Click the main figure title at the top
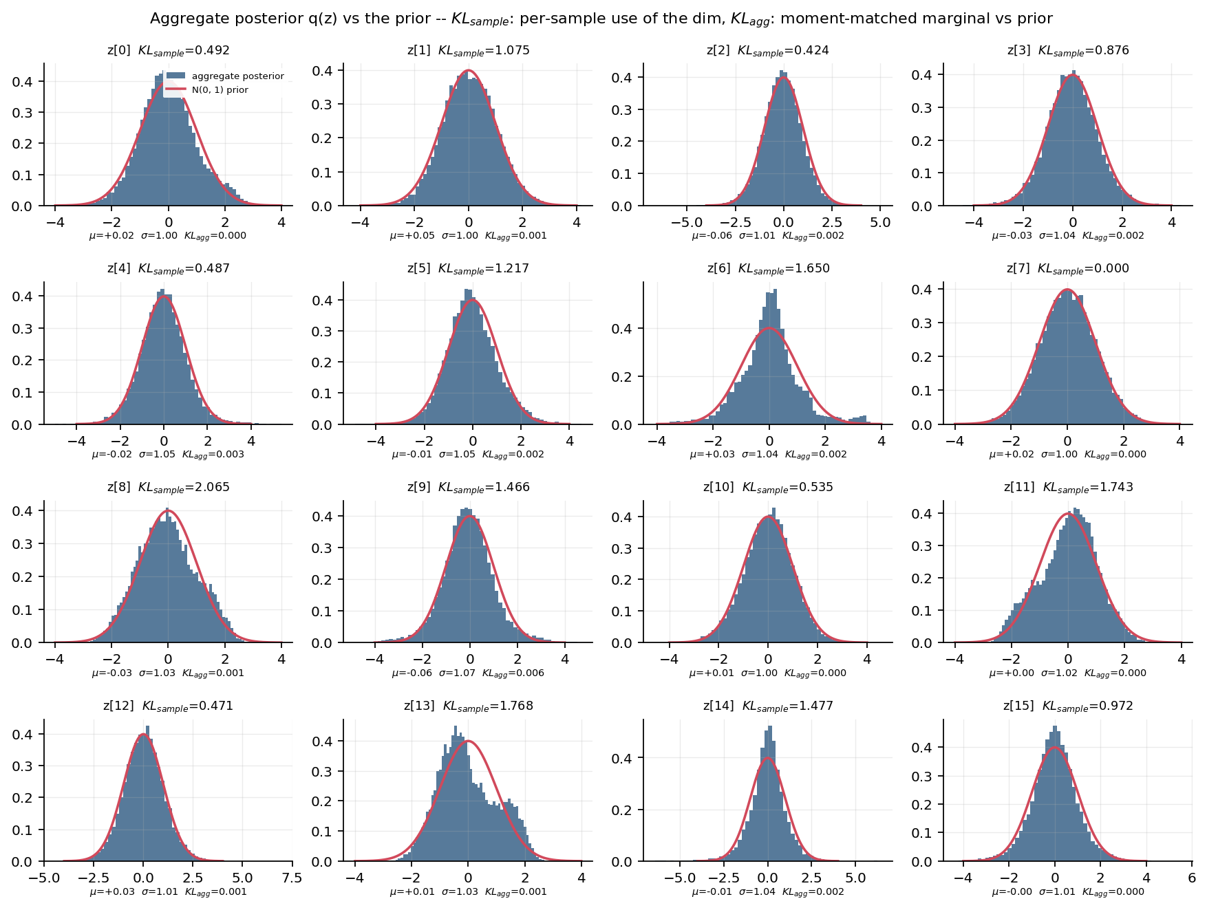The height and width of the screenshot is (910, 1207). (x=601, y=19)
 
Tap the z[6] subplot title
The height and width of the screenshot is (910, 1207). (x=769, y=269)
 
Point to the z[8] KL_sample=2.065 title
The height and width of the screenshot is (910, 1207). (x=169, y=488)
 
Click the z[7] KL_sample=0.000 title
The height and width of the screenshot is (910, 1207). (x=1068, y=269)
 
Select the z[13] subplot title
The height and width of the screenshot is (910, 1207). (x=469, y=706)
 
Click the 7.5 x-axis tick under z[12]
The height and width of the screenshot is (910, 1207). (x=292, y=878)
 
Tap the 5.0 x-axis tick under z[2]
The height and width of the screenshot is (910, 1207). (x=880, y=223)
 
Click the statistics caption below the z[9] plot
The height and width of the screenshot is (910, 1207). (x=468, y=673)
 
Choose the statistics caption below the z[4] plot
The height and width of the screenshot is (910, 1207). (x=168, y=455)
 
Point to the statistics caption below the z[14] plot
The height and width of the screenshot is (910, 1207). (x=768, y=892)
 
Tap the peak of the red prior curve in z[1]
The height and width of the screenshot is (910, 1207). (x=469, y=70)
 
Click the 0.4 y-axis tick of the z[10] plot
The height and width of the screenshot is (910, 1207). (x=619, y=517)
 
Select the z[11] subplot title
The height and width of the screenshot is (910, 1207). (x=1068, y=488)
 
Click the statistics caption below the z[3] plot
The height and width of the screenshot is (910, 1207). (x=1068, y=236)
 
